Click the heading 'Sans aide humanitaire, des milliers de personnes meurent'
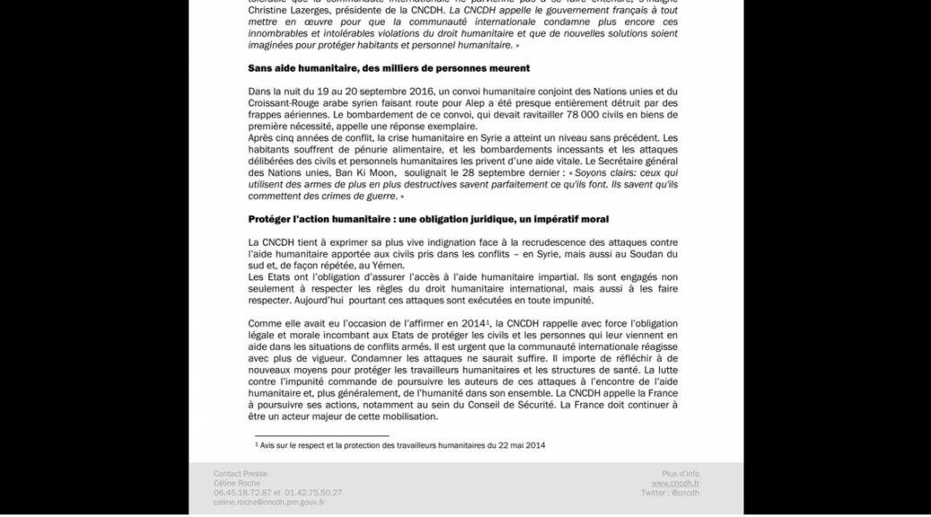pos(388,68)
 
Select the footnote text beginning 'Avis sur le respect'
pos(400,445)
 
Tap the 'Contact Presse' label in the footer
pos(240,474)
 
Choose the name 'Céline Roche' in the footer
pos(237,483)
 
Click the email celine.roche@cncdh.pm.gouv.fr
pos(269,503)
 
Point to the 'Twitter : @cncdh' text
pos(670,493)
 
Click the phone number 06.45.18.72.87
pos(241,493)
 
